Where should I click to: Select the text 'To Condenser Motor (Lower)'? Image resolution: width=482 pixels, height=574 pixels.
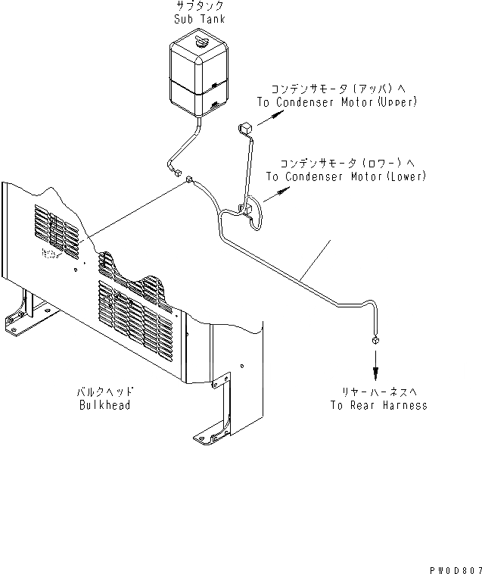(347, 176)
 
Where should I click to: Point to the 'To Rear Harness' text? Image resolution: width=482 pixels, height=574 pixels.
(378, 405)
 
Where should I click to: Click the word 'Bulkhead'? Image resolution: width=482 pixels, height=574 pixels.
(104, 405)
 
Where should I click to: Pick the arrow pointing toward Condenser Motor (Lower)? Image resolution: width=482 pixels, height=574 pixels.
(278, 192)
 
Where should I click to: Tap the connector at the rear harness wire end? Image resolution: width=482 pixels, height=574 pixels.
(375, 342)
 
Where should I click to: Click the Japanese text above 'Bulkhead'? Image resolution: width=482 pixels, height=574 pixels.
(104, 392)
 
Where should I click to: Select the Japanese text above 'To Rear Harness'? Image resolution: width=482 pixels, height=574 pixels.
(378, 392)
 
